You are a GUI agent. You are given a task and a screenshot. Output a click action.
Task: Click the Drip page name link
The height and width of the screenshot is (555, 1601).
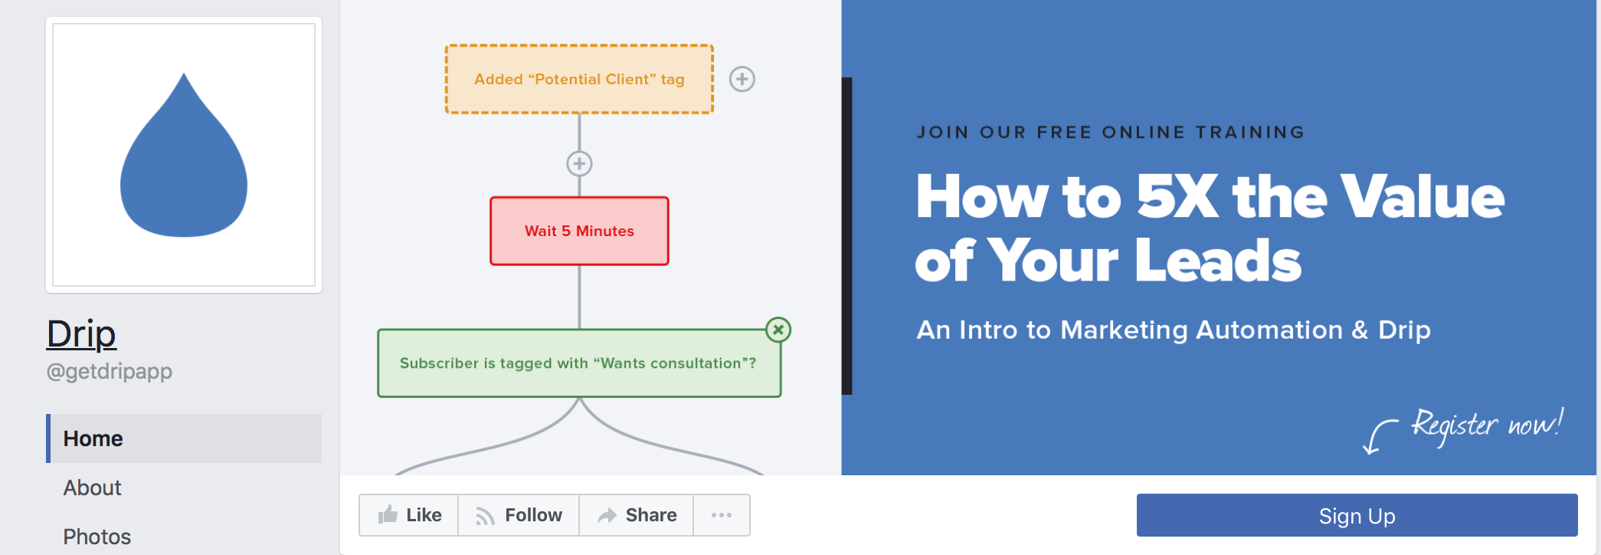tap(81, 334)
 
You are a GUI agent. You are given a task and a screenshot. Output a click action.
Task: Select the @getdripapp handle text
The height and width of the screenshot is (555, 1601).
tap(110, 371)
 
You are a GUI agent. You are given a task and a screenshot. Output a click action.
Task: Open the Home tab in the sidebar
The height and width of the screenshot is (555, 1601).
tap(184, 438)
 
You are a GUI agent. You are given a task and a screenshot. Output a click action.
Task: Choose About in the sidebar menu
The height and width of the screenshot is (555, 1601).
tap(93, 488)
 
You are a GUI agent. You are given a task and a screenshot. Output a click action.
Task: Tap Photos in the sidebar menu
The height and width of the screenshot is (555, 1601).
tap(97, 537)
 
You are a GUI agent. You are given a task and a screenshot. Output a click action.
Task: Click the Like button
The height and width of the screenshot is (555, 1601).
tap(409, 515)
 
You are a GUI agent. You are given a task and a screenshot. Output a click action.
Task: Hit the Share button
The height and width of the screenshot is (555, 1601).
tap(637, 515)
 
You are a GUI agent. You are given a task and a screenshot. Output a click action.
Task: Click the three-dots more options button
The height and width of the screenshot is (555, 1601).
tap(722, 515)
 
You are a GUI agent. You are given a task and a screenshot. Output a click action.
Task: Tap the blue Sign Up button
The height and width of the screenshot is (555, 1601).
tap(1357, 515)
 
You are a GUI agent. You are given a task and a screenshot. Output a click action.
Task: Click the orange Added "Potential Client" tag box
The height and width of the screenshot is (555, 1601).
tap(579, 79)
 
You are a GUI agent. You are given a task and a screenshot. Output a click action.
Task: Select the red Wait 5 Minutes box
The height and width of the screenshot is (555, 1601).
tap(579, 231)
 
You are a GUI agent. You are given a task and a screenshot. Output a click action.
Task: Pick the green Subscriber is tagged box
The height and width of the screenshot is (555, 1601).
tap(579, 363)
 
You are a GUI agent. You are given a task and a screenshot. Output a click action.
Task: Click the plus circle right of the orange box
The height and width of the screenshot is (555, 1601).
tap(742, 79)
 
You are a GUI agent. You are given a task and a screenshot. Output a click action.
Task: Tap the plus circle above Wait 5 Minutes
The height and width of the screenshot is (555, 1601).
tap(579, 163)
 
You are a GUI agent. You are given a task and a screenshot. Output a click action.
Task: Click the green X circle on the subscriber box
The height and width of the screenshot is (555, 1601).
tap(778, 330)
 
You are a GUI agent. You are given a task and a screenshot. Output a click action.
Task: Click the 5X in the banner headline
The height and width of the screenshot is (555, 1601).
tap(1177, 197)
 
